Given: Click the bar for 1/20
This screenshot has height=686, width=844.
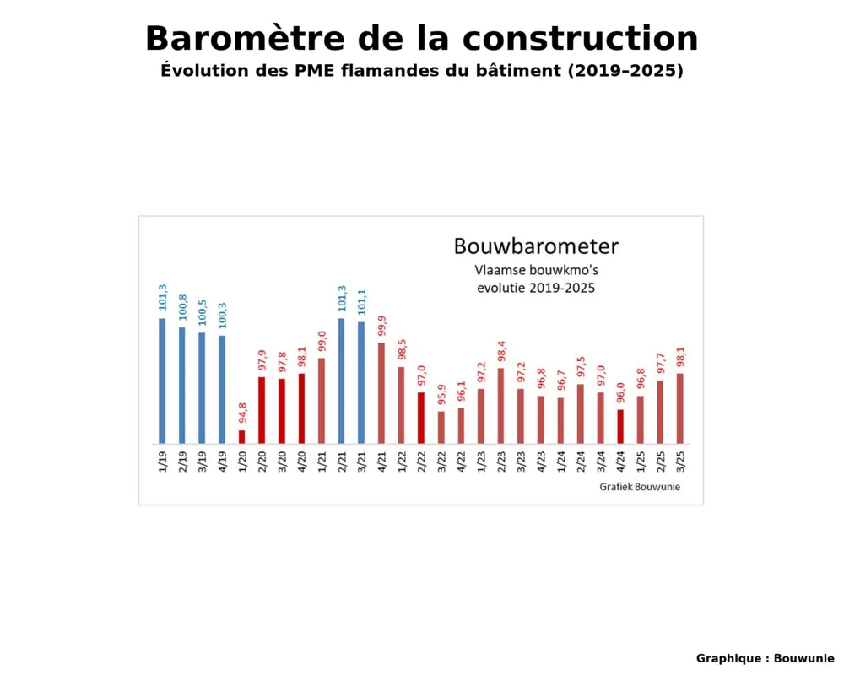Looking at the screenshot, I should (x=241, y=437).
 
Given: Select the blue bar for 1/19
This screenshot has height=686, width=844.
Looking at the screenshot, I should (x=162, y=381).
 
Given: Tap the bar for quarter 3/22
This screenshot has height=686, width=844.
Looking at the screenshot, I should (x=441, y=427).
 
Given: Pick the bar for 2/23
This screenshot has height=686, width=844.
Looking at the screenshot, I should (x=500, y=406).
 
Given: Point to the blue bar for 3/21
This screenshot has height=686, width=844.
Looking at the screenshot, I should (x=361, y=382).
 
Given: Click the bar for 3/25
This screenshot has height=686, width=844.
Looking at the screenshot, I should (x=679, y=408).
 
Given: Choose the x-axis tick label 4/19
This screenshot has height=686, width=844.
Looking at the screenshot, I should (x=222, y=462).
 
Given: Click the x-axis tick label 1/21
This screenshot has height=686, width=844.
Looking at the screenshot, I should (x=322, y=462).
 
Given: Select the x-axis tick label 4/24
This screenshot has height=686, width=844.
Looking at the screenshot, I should (x=620, y=462).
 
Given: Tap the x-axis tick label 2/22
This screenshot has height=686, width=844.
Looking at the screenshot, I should (x=421, y=462).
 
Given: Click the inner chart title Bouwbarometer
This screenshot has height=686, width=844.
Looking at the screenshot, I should (x=536, y=246).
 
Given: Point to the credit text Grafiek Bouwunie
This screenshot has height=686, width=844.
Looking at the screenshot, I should (x=640, y=487).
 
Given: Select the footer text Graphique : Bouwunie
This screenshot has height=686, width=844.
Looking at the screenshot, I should (x=765, y=658).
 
